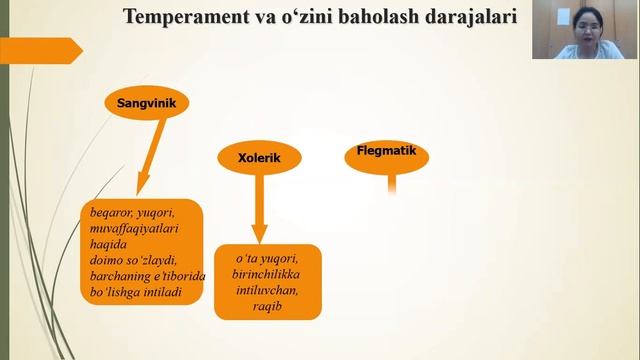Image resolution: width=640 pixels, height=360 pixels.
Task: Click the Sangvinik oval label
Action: coord(147,101)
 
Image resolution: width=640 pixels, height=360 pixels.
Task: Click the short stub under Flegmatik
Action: coord(392,184)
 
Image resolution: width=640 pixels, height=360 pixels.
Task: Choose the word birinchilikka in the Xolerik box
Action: coord(267,274)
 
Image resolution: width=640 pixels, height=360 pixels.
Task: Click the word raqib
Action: coord(267,306)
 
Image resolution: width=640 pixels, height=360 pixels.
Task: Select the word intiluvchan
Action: coord(267,290)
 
